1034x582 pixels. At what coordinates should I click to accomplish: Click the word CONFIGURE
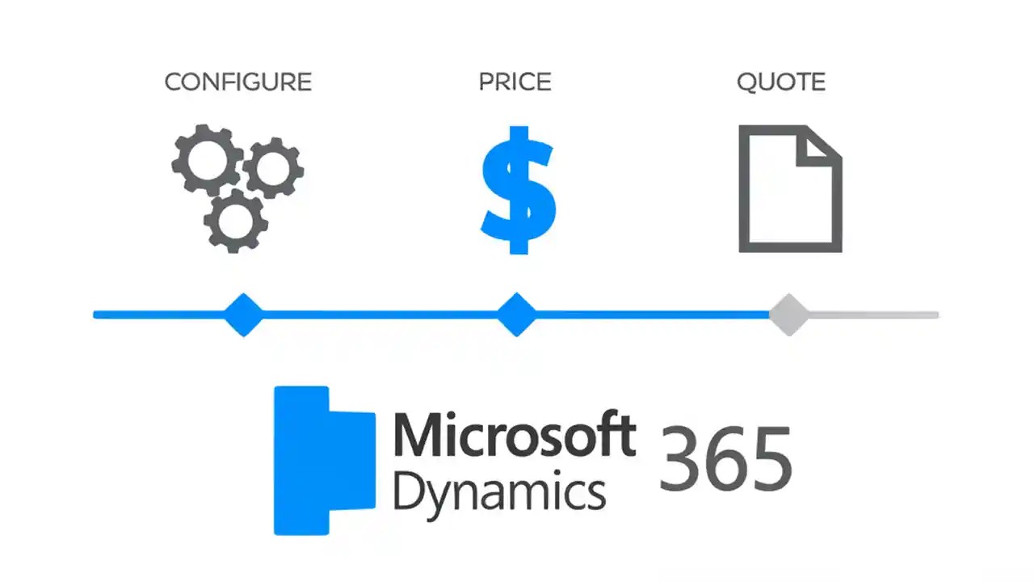click(x=237, y=82)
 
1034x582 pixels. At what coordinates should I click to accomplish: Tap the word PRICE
click(x=515, y=82)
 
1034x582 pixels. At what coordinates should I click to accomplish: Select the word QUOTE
click(x=780, y=82)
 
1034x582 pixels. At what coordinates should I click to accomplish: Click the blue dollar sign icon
click(x=518, y=190)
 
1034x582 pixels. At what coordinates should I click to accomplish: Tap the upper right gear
click(x=273, y=168)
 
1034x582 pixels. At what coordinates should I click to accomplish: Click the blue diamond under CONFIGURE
click(x=243, y=314)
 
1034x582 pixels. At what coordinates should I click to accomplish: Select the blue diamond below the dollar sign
click(x=516, y=314)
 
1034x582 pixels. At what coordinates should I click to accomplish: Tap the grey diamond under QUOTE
click(x=788, y=314)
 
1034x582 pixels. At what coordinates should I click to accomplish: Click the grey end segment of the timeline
click(x=872, y=314)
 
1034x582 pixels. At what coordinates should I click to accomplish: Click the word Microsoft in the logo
click(x=514, y=436)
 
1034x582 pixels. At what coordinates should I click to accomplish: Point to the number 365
click(x=725, y=459)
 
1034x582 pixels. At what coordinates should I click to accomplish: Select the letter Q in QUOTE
click(x=747, y=82)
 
